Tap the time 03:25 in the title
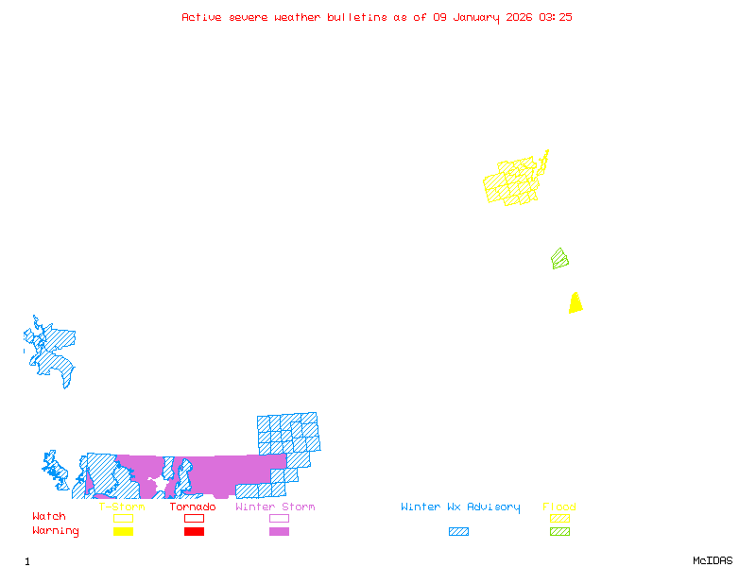(556, 17)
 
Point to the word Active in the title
(201, 17)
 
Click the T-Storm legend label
(122, 507)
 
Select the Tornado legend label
(193, 507)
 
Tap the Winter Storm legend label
(275, 507)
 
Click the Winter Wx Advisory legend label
(460, 507)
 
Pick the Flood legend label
(559, 507)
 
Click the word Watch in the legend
(49, 517)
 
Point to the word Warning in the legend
(56, 531)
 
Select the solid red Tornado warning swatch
(194, 531)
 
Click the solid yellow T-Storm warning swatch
(123, 531)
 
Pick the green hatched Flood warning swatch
(559, 531)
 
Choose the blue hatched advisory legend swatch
(458, 531)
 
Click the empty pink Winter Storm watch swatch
(279, 518)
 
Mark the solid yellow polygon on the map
(575, 303)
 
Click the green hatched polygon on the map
(559, 258)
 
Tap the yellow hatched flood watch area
(512, 182)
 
